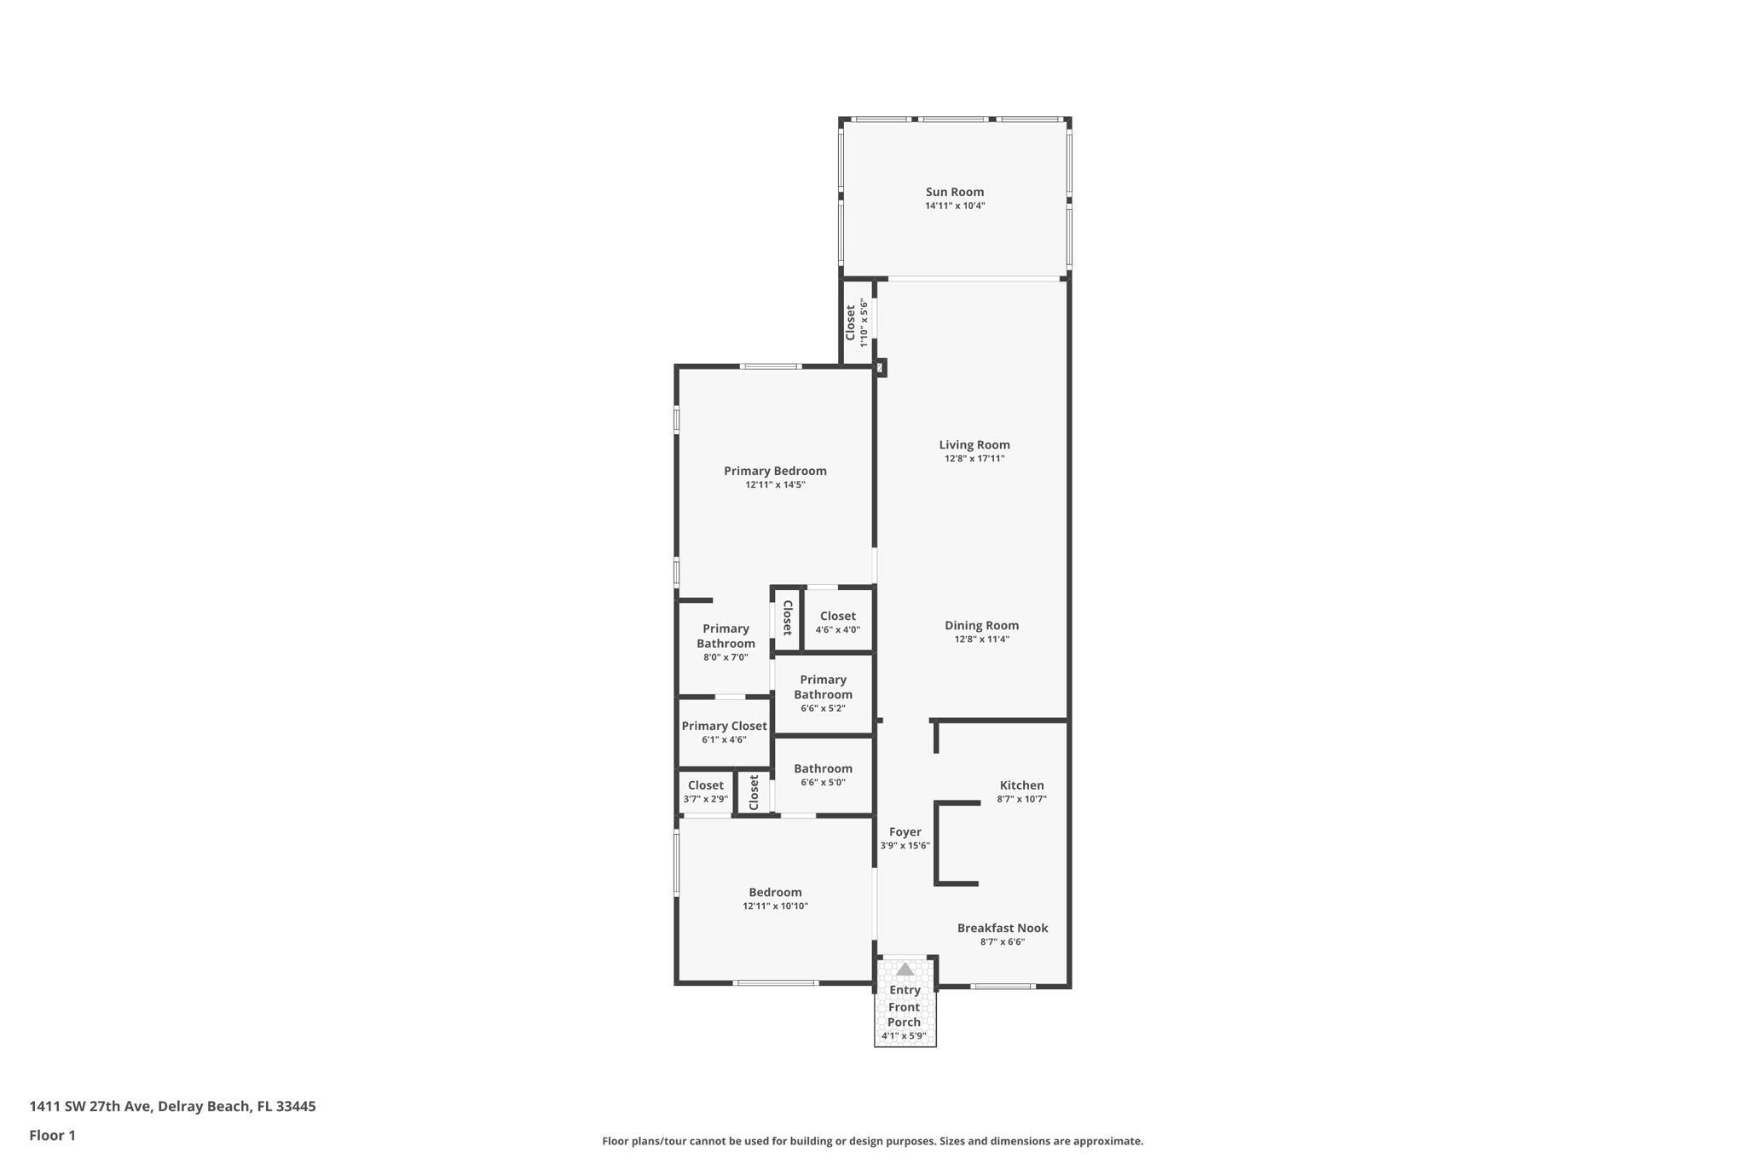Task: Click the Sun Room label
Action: pos(955,192)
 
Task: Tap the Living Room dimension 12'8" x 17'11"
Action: pos(974,459)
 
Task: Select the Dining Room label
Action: pos(981,625)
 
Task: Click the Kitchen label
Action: pos(1021,785)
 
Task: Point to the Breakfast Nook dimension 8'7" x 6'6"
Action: pos(1003,942)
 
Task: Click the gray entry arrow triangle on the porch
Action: pos(905,970)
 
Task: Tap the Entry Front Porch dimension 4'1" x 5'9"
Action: pos(904,1036)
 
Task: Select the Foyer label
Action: pos(905,832)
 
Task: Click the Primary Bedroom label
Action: pos(775,471)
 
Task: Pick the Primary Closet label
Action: pos(724,726)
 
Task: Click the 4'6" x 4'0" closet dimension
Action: pos(837,630)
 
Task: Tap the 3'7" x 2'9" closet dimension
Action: pos(705,799)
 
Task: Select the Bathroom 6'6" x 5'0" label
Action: pos(823,768)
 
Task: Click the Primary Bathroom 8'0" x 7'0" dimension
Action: pos(726,657)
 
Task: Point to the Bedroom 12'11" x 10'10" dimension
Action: pos(775,906)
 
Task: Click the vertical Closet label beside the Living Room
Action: pos(850,322)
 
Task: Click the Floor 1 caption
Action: pos(52,1135)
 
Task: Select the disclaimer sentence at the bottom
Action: pos(872,1141)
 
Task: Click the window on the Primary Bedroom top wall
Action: pos(770,367)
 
